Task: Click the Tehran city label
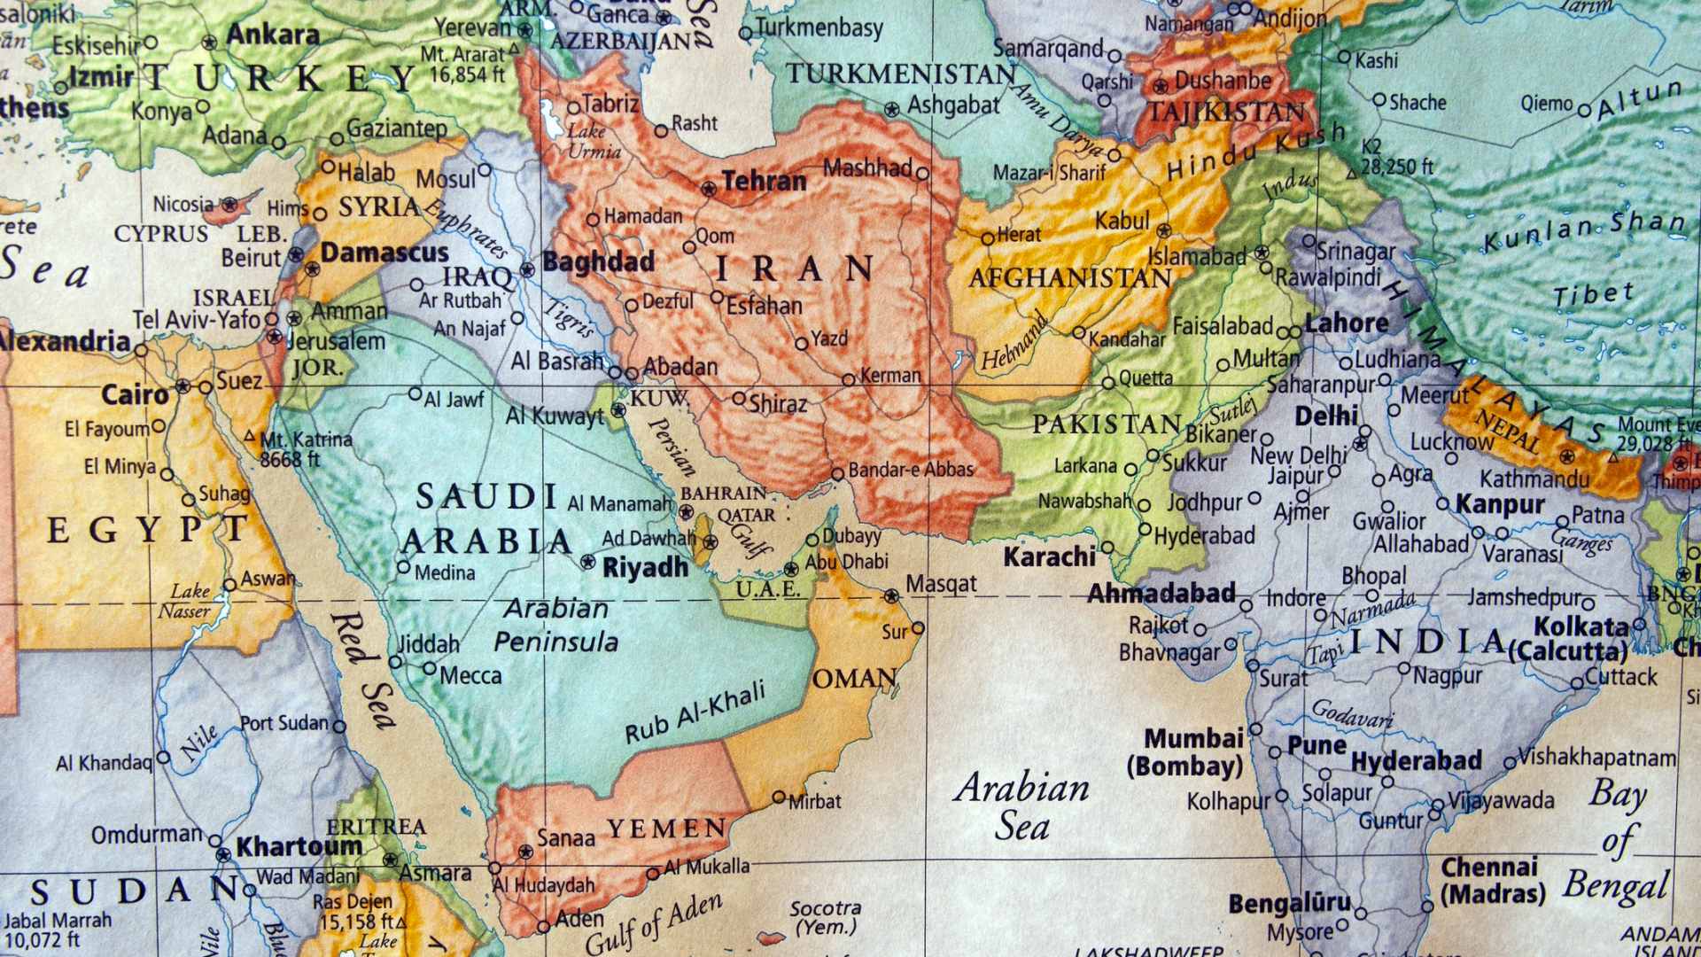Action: tap(764, 182)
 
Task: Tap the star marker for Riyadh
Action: tap(587, 561)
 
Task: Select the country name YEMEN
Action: tap(666, 829)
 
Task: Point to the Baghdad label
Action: tap(598, 262)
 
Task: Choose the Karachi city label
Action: tap(1049, 557)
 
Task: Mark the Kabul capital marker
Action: tap(1164, 230)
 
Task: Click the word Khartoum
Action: tap(298, 846)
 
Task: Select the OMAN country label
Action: tap(854, 680)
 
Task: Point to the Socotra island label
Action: tap(826, 918)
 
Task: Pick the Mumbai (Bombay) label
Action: tap(1185, 752)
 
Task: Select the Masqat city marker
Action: tap(891, 596)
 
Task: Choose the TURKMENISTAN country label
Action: tap(900, 74)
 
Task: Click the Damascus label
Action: tap(384, 253)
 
